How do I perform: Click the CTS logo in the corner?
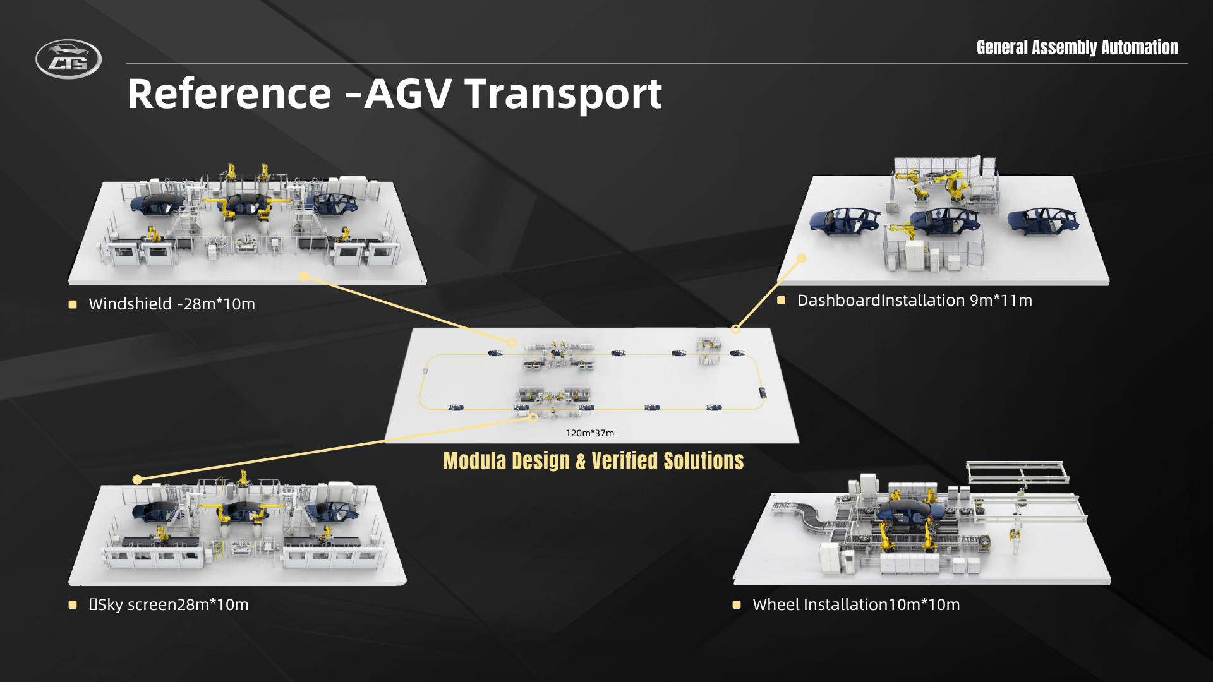68,59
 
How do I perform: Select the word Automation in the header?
1140,47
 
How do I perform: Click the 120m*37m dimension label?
589,433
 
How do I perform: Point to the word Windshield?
130,304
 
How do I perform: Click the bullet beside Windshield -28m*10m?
73,304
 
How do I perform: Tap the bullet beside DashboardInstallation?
782,301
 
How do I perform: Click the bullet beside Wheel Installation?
737,605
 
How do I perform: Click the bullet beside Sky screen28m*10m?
73,605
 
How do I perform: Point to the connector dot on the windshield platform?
305,276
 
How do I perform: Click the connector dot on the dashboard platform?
802,258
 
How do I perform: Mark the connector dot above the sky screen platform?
137,480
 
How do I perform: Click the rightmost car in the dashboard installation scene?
1043,221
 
